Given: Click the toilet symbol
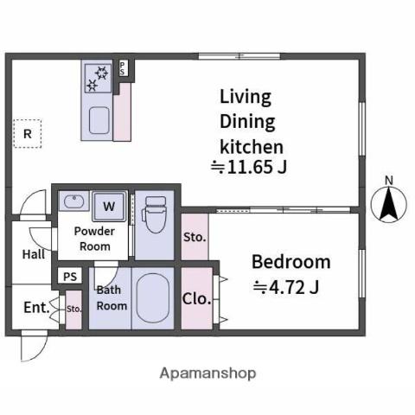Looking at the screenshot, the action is click(x=154, y=214).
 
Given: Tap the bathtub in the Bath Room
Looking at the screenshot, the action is click(x=153, y=298).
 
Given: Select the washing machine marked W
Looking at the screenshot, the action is click(x=109, y=207).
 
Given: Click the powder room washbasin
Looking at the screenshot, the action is click(x=73, y=201).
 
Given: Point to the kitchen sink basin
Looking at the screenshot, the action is click(x=99, y=120).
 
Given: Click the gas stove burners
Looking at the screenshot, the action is click(x=98, y=78).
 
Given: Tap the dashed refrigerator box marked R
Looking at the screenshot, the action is click(x=28, y=134).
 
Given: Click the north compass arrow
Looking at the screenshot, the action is click(x=389, y=203).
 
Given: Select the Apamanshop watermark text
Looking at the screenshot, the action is click(x=207, y=373).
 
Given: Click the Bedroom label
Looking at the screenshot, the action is click(x=291, y=262).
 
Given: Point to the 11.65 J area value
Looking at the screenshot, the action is click(x=249, y=167).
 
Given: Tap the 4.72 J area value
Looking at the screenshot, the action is click(x=286, y=287).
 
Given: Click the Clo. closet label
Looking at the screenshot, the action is click(x=196, y=299).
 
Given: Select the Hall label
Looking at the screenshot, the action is click(x=34, y=254).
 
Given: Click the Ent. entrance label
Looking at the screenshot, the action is click(x=36, y=308).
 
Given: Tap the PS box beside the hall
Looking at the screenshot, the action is click(x=70, y=277).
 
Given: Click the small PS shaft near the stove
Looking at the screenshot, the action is click(x=122, y=68).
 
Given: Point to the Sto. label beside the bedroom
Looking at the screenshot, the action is click(x=195, y=238).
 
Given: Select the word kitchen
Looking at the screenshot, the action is click(x=252, y=147).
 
